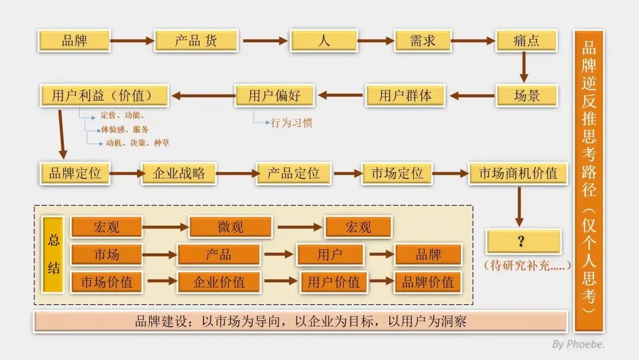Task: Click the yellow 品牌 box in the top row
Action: point(75,41)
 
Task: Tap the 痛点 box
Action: point(526,41)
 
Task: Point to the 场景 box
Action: point(526,95)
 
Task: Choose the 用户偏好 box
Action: point(275,95)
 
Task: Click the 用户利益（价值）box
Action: point(105,95)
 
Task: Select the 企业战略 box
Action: point(179,173)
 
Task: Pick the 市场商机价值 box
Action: point(518,173)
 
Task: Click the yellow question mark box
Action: point(523,242)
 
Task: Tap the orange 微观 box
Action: point(230,227)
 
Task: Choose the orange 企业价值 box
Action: point(219,282)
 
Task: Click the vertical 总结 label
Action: point(54,254)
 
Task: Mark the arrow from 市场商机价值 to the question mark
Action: point(519,206)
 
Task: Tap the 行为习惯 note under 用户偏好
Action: point(291,123)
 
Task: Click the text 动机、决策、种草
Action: point(137,143)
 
